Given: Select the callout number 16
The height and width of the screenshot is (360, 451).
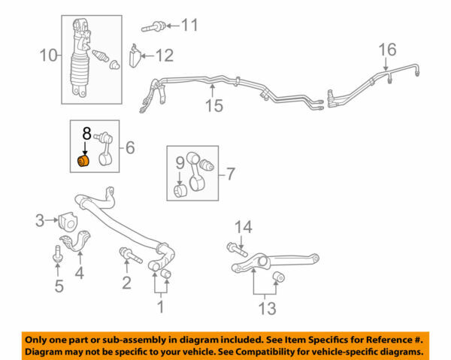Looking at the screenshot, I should (x=386, y=50).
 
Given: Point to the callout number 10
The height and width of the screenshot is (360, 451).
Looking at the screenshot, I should (x=48, y=54).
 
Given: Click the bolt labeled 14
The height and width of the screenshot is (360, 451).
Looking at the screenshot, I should (x=232, y=250).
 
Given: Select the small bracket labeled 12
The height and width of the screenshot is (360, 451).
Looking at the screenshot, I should (x=136, y=56).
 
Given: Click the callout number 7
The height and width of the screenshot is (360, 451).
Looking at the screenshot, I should (x=231, y=174).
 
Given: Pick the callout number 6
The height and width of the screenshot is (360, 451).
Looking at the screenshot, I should (x=130, y=149).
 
